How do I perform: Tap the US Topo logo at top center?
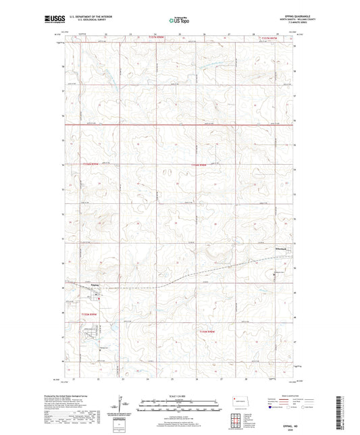tap(179, 21)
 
